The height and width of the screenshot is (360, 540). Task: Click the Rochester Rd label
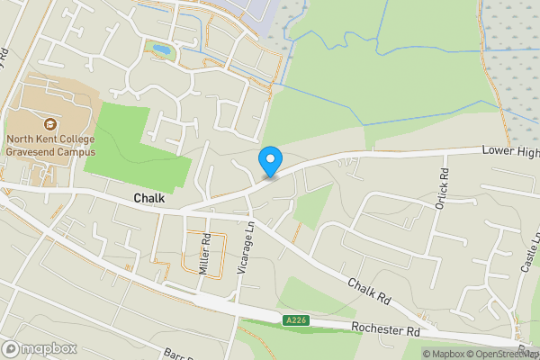[x=386, y=330]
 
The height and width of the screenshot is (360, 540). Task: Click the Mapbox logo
[x=40, y=349]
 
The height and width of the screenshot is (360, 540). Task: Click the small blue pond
[x=161, y=49]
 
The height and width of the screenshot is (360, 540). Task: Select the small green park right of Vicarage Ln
[x=310, y=207]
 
